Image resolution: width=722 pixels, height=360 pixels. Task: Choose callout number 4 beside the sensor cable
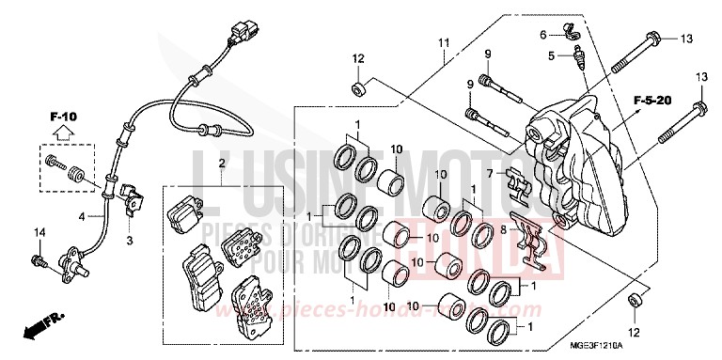click(x=83, y=216)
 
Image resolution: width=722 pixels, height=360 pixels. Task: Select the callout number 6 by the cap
click(x=543, y=35)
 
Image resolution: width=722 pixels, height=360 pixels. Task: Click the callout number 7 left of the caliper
click(x=490, y=173)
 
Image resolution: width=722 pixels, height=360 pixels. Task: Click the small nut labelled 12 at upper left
click(x=358, y=89)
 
